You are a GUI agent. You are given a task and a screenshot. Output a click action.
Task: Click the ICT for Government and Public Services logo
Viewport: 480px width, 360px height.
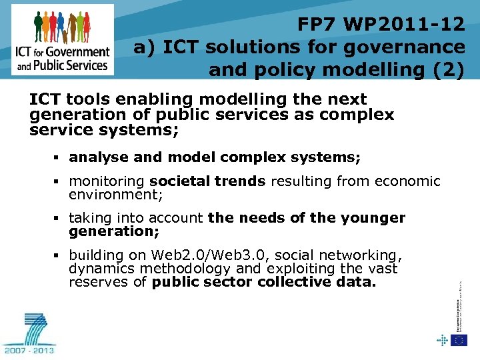[63, 39]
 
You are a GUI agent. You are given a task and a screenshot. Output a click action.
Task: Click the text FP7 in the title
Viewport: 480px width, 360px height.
[319, 25]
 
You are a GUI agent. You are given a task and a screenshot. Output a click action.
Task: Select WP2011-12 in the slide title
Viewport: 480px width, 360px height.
[405, 25]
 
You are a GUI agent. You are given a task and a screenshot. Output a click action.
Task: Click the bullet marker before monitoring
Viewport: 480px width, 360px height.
[59, 182]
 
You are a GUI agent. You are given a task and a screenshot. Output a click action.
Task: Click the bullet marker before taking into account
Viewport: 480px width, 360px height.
[59, 219]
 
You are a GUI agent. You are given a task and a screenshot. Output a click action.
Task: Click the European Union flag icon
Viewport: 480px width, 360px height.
[459, 340]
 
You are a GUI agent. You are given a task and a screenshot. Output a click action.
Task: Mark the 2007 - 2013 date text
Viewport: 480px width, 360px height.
[29, 349]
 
